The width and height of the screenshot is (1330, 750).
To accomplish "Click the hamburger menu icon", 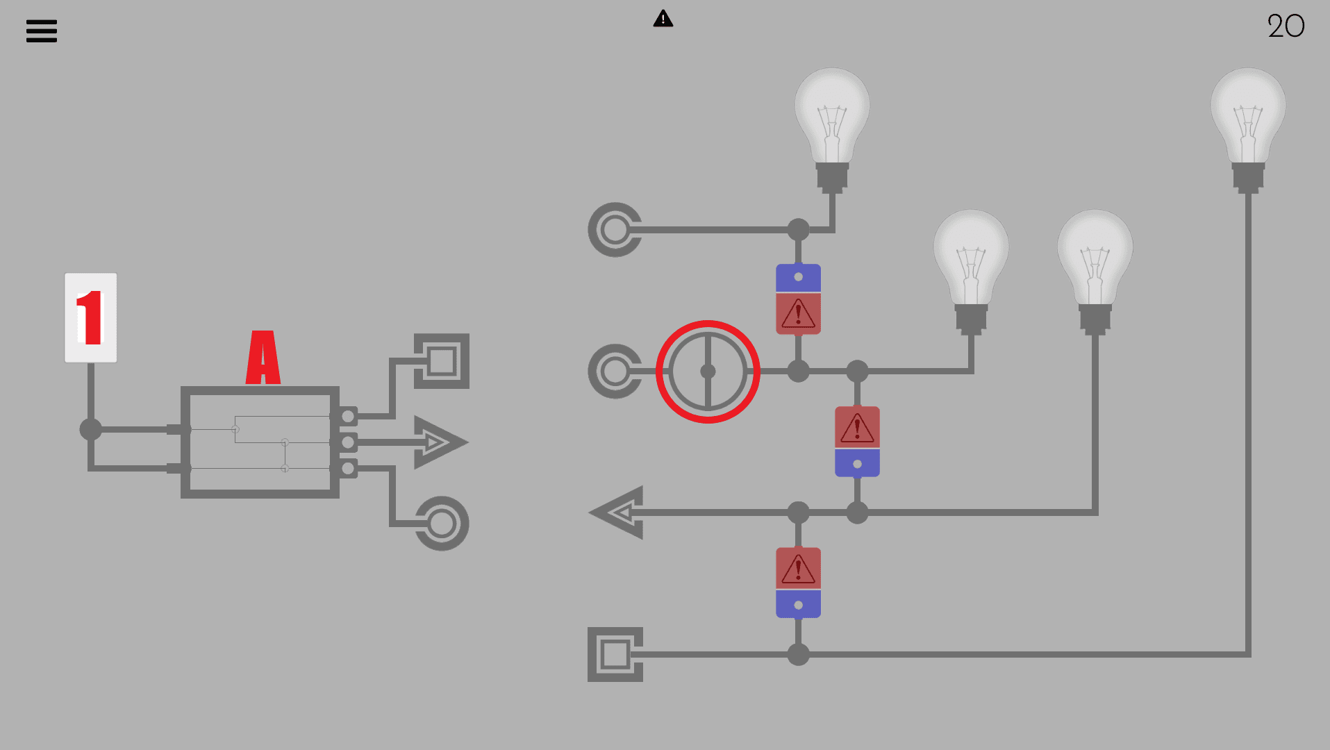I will click(42, 31).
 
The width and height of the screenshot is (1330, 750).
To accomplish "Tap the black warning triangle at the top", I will click(663, 19).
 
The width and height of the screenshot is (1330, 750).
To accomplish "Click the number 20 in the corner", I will click(1286, 26).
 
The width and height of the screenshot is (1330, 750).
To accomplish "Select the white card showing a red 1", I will click(91, 317).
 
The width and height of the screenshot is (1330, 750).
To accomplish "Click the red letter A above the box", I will click(263, 358).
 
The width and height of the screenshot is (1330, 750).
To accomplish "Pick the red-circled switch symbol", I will click(708, 372).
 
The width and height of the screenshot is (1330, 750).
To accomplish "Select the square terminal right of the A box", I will click(442, 361).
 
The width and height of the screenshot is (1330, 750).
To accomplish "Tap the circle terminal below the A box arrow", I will click(442, 524).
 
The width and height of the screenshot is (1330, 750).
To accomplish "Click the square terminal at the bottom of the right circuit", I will click(615, 654).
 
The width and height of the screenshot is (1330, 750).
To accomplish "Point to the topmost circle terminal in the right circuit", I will click(615, 230).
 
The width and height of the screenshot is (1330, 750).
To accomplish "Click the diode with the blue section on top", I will click(798, 299).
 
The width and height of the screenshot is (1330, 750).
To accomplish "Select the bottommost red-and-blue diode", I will click(798, 583).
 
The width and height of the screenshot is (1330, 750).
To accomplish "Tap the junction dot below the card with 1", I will click(91, 429).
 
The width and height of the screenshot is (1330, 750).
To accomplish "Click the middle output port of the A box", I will click(348, 442).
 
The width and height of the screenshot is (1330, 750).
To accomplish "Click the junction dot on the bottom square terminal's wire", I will click(798, 654).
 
